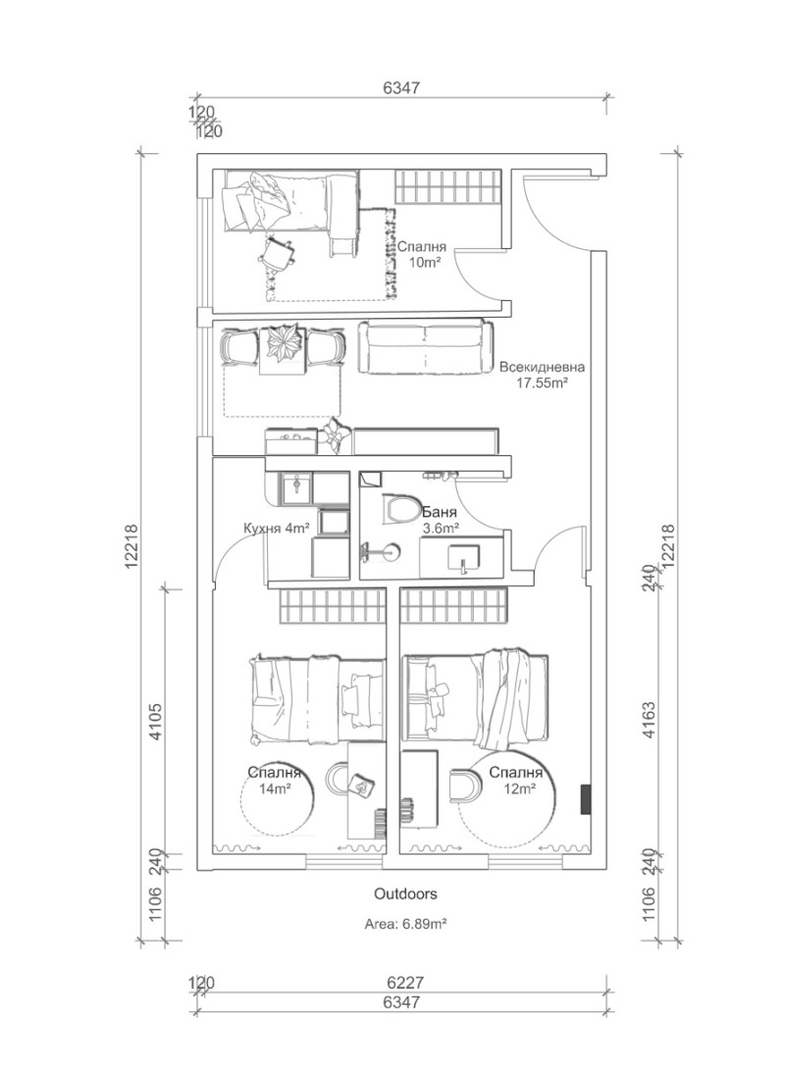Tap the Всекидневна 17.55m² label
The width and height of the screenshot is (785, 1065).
[x=542, y=376]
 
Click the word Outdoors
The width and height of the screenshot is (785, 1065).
[x=404, y=894]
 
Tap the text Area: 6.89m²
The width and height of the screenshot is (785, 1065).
[x=404, y=924]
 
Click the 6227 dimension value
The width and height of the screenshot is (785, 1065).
[x=404, y=982]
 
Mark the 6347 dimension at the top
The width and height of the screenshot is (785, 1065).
[x=401, y=87]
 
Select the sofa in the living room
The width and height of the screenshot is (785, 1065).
[x=426, y=347]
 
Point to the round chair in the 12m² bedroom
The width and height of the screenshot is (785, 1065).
[x=460, y=784]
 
